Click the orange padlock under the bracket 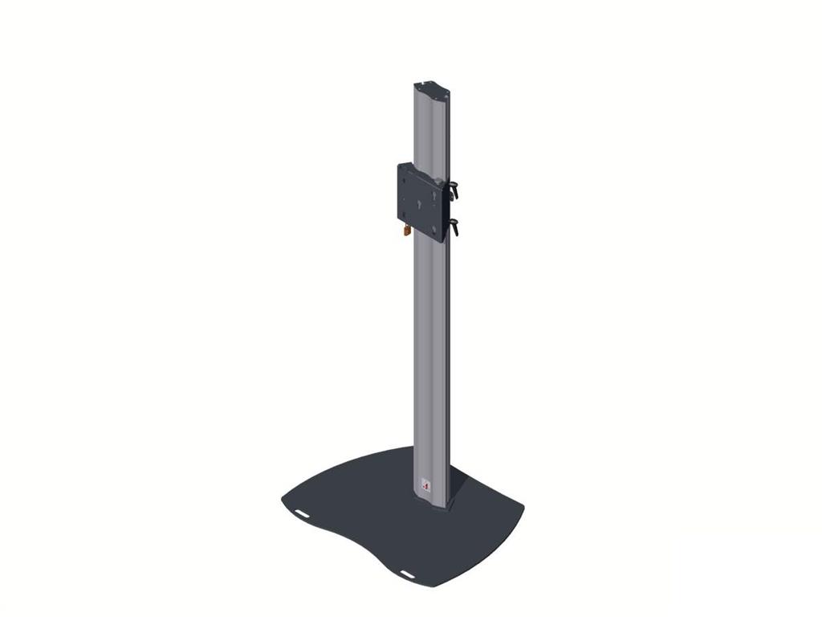[407, 231]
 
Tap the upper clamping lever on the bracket [454, 191]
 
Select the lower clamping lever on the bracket [454, 227]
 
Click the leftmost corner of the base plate [283, 500]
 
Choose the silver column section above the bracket [431, 129]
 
